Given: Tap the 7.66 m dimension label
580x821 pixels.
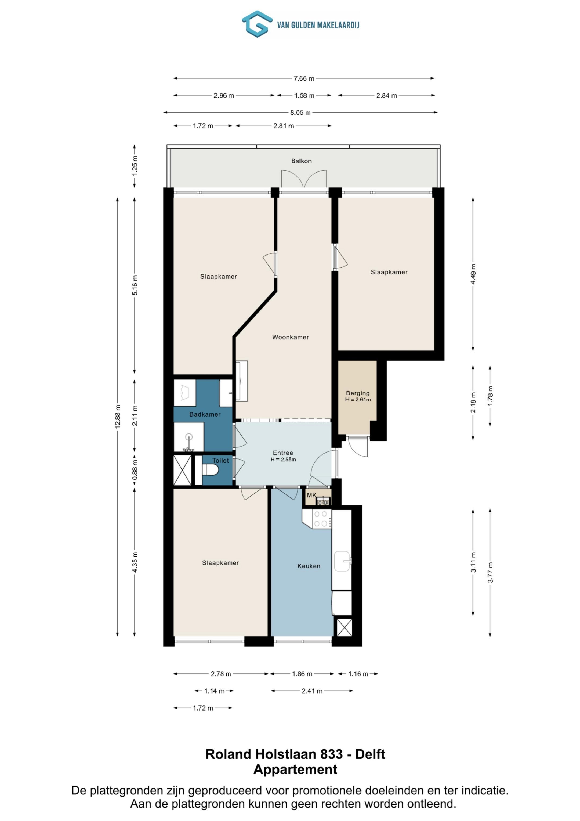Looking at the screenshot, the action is coord(304,78).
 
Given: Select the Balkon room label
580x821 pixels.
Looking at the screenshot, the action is coord(301,161).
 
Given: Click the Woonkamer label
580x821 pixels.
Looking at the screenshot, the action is coord(291,337).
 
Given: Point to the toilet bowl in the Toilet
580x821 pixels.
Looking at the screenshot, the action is coord(211,470).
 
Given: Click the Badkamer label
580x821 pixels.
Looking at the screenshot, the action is coord(205,414).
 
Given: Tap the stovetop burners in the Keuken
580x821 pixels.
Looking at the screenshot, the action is coord(321,519).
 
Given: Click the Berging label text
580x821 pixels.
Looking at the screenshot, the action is coord(358,393).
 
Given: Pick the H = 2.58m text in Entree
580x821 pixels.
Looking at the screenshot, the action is coord(283,460).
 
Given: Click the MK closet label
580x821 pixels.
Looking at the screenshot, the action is coord(312,495).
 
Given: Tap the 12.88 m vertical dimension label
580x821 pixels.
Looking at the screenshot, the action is coord(118,417).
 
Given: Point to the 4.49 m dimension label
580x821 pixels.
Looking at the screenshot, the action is coord(473,274).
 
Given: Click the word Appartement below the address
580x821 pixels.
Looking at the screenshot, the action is coord(295,769).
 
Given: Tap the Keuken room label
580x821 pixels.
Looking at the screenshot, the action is coord(309,566).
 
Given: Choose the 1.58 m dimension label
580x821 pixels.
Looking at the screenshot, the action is coord(304,95).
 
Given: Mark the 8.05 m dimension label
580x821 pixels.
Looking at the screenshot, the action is coord(300,113).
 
